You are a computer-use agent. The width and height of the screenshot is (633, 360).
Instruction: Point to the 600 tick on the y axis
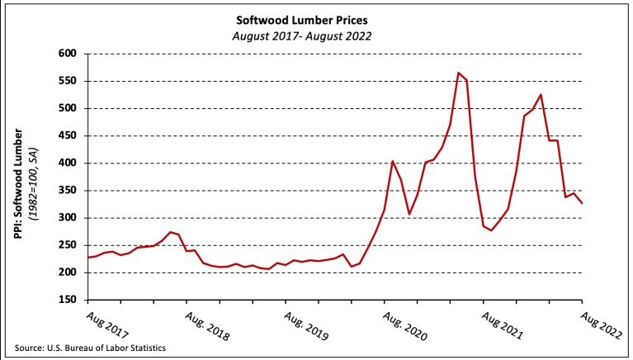tap(69, 54)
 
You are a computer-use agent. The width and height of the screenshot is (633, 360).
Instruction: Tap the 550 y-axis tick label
tap(69, 81)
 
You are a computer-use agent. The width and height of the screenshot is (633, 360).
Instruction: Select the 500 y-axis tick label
tap(69, 108)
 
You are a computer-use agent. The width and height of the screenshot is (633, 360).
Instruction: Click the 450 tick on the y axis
tap(69, 135)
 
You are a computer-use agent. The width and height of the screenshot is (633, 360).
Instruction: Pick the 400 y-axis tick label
tap(69, 163)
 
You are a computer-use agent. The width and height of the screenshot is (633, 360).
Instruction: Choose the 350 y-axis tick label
tap(69, 191)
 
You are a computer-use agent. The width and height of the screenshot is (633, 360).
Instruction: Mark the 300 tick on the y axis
tap(69, 218)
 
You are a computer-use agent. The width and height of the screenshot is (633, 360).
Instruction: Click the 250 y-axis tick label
tap(69, 245)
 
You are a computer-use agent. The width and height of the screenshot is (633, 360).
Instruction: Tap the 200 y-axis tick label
tap(69, 272)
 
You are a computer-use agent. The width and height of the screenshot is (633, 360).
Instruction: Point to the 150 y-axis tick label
tap(69, 300)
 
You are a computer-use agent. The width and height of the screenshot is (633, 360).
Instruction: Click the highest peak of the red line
tap(458, 73)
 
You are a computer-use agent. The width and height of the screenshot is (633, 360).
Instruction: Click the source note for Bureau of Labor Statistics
tap(97, 348)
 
